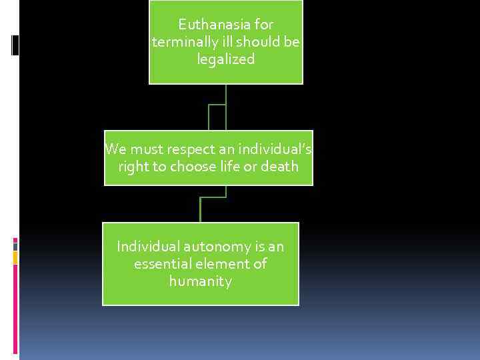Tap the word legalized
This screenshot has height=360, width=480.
226,59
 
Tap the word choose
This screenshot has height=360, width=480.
195,166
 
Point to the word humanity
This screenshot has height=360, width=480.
201,281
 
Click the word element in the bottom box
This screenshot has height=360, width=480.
226,264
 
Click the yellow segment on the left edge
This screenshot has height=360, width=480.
15,257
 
